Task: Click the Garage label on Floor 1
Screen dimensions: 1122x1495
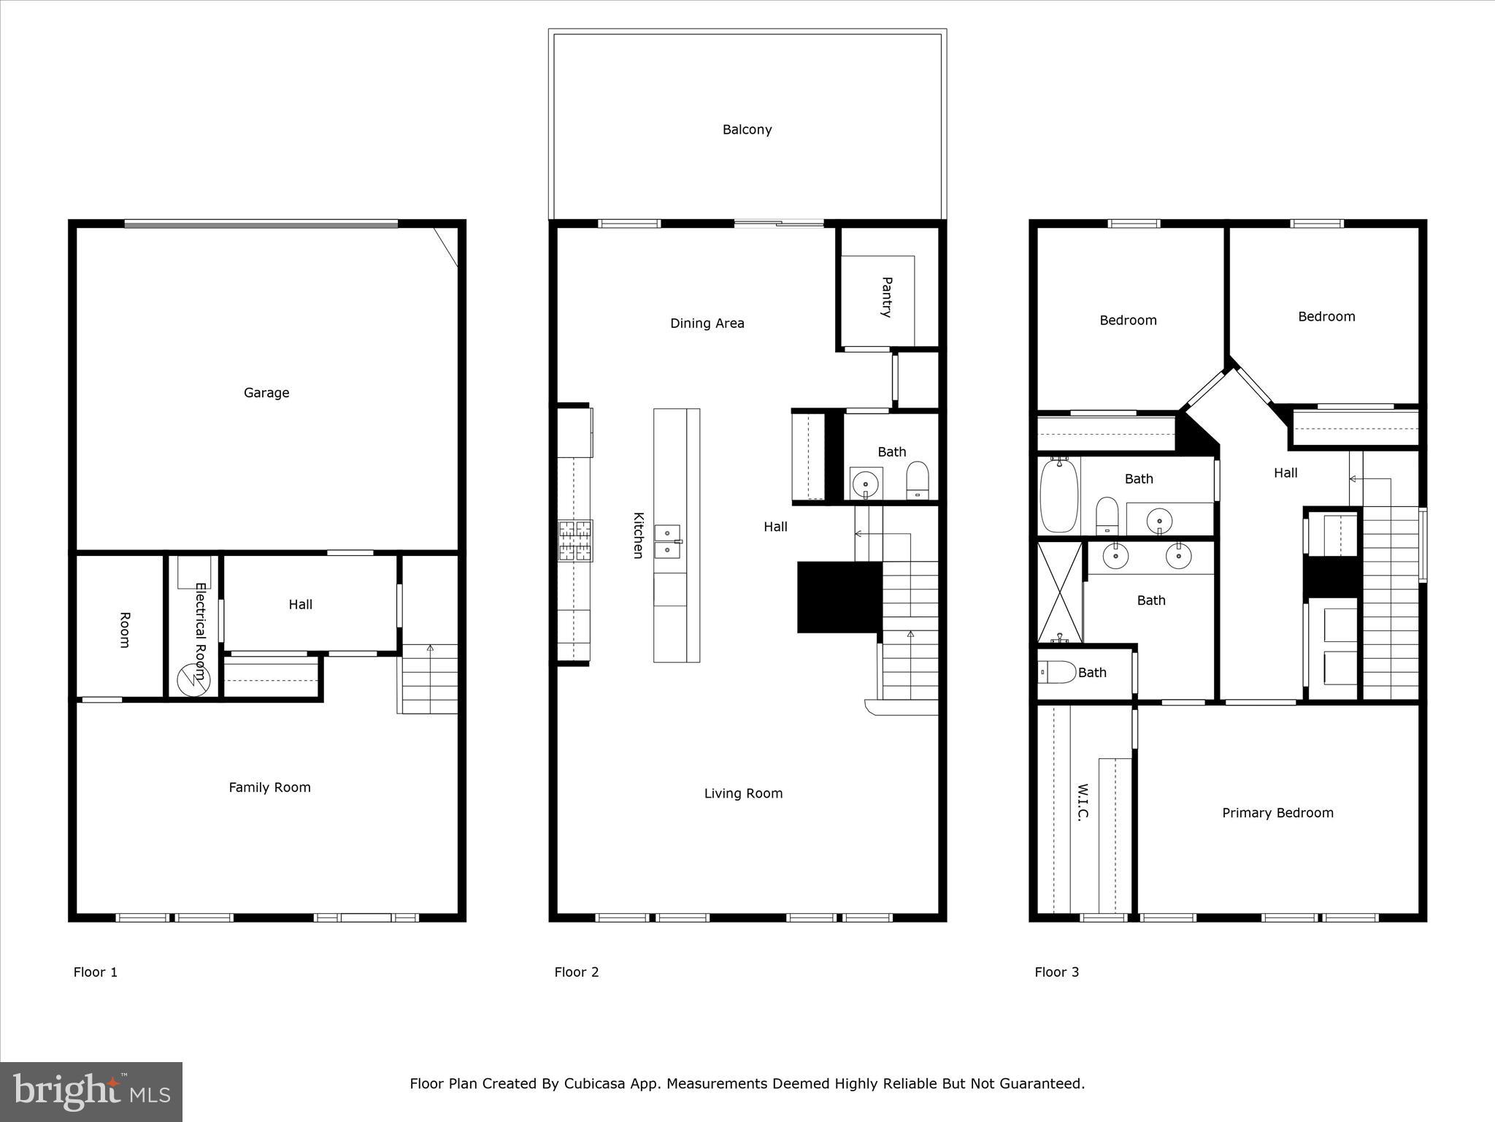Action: point(266,393)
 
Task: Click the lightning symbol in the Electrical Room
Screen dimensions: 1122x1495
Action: point(193,680)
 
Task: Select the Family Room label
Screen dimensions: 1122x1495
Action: point(269,787)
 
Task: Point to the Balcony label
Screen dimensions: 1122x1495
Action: point(747,130)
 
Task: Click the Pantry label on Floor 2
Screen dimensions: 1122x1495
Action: point(886,297)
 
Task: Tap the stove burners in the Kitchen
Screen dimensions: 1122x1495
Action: point(575,541)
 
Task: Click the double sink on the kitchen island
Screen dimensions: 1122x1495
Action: point(667,541)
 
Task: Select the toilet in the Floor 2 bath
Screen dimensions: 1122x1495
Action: point(917,479)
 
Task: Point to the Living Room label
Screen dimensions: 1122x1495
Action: point(743,793)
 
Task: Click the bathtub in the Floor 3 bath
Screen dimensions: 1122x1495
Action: point(1058,495)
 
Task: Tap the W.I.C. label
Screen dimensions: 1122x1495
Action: point(1083,803)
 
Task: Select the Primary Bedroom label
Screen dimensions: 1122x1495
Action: point(1277,813)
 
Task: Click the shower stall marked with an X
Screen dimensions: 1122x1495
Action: point(1059,592)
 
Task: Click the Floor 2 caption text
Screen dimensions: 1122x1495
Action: point(576,972)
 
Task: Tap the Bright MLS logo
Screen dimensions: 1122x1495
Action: point(91,1092)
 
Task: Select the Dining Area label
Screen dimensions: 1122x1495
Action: point(707,324)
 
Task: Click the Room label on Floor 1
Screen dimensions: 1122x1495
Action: point(124,630)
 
